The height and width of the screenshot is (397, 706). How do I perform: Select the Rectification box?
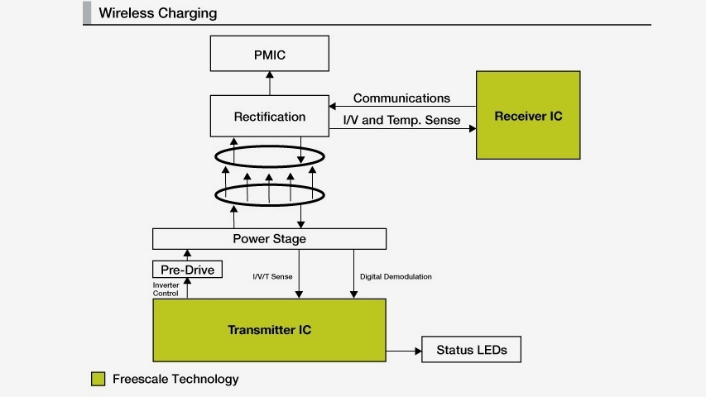click(270, 117)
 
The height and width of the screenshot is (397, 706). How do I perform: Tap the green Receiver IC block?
click(528, 115)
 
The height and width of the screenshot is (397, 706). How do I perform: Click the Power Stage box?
click(269, 239)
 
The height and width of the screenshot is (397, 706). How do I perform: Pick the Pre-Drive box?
click(188, 269)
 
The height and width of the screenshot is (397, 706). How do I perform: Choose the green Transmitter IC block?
click(270, 330)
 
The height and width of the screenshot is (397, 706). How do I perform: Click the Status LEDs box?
click(472, 350)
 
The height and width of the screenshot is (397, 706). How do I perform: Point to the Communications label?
click(402, 98)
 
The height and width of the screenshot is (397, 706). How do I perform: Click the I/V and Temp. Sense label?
click(401, 120)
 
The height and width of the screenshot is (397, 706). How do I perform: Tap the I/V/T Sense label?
click(271, 276)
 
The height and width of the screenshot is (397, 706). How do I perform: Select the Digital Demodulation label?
click(396, 276)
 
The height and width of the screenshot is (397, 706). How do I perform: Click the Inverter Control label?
click(166, 289)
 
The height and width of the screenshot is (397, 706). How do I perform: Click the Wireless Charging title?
click(158, 13)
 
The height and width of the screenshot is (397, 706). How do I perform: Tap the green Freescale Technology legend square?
click(98, 380)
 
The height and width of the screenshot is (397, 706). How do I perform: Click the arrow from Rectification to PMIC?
click(269, 83)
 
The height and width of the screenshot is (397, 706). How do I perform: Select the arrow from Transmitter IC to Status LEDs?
click(404, 351)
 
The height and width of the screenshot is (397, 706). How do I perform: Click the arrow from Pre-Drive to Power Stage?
click(187, 254)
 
